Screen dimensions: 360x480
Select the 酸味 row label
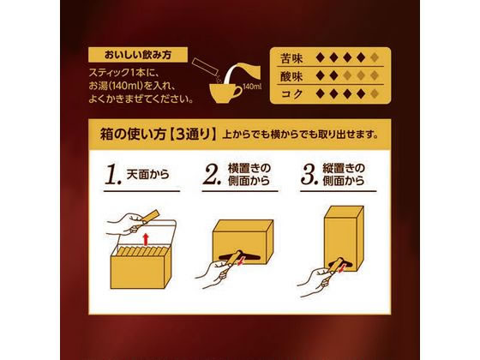click(292, 75)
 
